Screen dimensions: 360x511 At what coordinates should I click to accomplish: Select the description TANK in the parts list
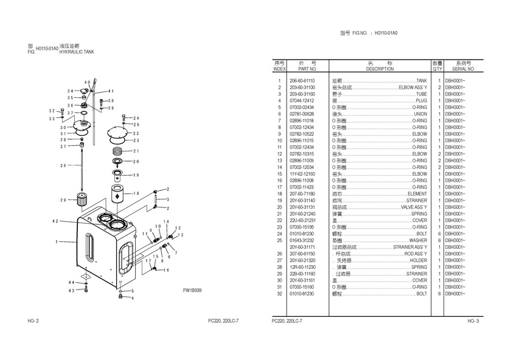click(421, 81)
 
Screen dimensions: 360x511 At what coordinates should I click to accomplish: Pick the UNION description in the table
click(420, 114)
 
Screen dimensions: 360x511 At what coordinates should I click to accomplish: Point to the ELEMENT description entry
click(417, 193)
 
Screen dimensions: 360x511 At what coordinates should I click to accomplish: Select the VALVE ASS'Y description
click(414, 207)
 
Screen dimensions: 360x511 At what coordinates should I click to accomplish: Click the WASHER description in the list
click(417, 240)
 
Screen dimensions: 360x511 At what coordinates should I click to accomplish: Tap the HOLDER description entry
click(418, 260)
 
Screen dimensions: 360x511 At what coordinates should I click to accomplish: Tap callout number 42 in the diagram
click(55, 221)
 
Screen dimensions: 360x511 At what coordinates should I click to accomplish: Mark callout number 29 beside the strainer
click(63, 200)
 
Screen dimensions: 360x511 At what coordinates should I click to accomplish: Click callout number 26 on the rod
click(63, 165)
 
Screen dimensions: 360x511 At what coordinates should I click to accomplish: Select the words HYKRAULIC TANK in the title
click(77, 53)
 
